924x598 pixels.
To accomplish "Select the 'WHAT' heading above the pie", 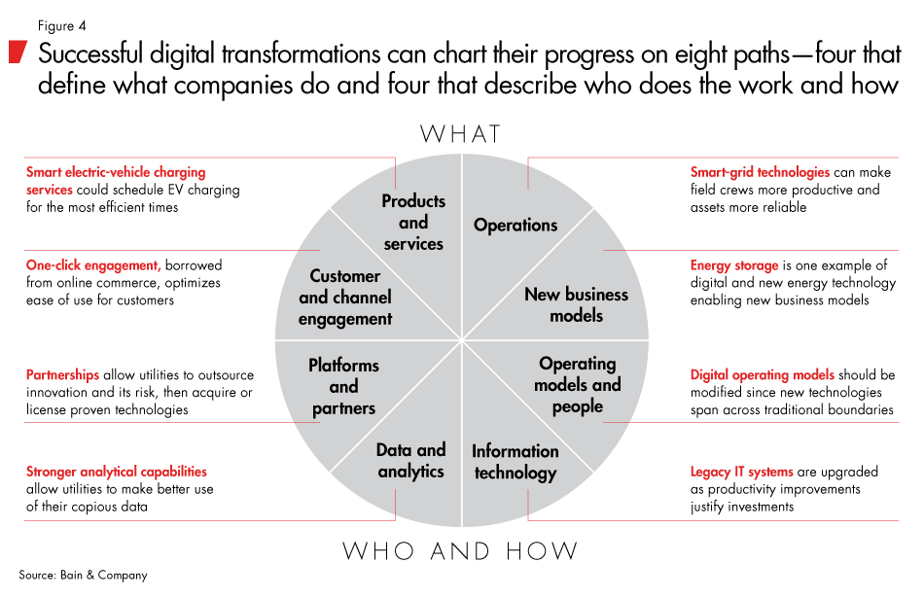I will (460, 133).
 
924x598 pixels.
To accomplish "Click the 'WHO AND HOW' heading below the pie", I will (460, 551).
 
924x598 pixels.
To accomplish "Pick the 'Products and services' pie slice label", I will (413, 223).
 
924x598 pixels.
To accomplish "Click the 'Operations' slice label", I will (515, 225).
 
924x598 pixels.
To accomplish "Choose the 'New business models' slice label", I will (577, 304).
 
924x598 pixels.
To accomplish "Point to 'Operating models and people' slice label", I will (578, 384).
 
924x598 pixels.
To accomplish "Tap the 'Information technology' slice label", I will (515, 462).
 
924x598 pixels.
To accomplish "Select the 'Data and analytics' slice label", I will (410, 461).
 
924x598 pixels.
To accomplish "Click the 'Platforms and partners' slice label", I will (343, 387).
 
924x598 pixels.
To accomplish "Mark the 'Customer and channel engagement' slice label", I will (345, 298).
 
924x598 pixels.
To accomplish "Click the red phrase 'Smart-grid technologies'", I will (760, 172).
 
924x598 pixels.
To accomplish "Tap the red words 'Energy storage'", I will (734, 265).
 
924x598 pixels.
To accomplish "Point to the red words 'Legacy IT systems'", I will (743, 472).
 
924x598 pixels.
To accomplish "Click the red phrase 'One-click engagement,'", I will (93, 265).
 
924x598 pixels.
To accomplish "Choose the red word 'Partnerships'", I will (63, 374).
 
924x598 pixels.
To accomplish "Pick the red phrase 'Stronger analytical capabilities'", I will (116, 472).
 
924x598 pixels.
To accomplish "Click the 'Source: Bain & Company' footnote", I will (84, 576).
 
